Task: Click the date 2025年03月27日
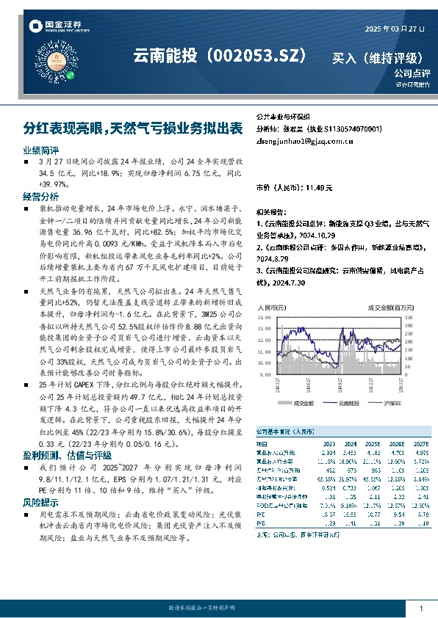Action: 395,29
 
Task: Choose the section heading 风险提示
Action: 40,503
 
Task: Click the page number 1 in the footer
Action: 420,608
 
